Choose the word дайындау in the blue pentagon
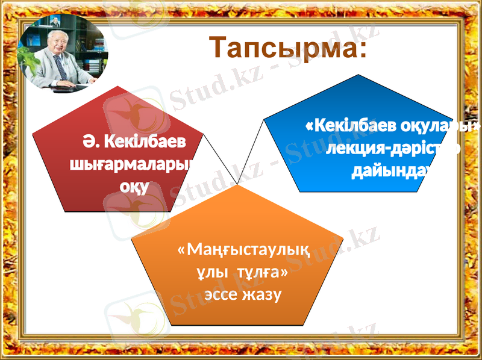[393, 171]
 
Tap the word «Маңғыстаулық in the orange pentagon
[243, 249]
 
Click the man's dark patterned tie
[61, 67]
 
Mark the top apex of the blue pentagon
[359, 75]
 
